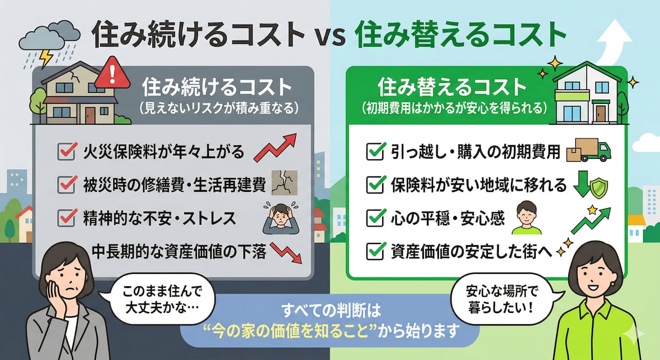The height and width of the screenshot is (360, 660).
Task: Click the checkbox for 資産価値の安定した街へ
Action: pos(375,252)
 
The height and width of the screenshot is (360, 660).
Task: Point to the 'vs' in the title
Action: pos(331,37)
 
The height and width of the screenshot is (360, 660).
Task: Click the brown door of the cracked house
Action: pos(89,115)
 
